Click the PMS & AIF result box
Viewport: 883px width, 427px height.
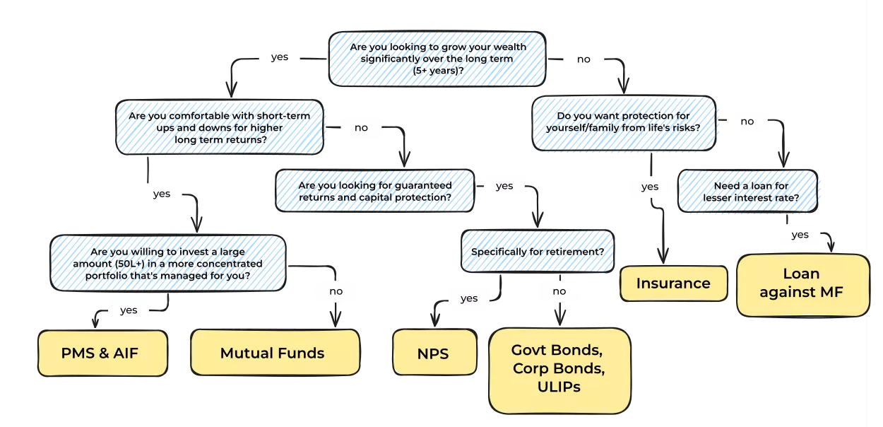point(102,353)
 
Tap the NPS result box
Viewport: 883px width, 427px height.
point(434,352)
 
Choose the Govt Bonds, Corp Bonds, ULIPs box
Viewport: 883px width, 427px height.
point(559,369)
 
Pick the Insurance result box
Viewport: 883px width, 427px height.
point(673,283)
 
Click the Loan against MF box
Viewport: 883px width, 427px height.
point(802,283)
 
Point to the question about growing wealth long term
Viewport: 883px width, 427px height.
point(437,58)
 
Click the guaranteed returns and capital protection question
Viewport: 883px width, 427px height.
point(374,191)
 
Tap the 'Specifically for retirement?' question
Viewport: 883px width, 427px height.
point(537,251)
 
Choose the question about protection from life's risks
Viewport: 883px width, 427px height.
point(624,122)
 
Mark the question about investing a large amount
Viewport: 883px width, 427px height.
point(168,264)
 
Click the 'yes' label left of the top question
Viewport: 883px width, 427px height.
point(280,57)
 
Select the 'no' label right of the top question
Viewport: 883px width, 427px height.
point(583,59)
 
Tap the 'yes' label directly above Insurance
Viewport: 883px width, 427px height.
point(649,187)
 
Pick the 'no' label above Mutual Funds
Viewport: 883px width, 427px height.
point(336,291)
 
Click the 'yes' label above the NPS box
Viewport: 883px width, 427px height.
point(469,298)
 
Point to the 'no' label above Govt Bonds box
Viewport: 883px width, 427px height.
point(559,291)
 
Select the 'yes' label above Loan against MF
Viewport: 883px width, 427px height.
point(800,235)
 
